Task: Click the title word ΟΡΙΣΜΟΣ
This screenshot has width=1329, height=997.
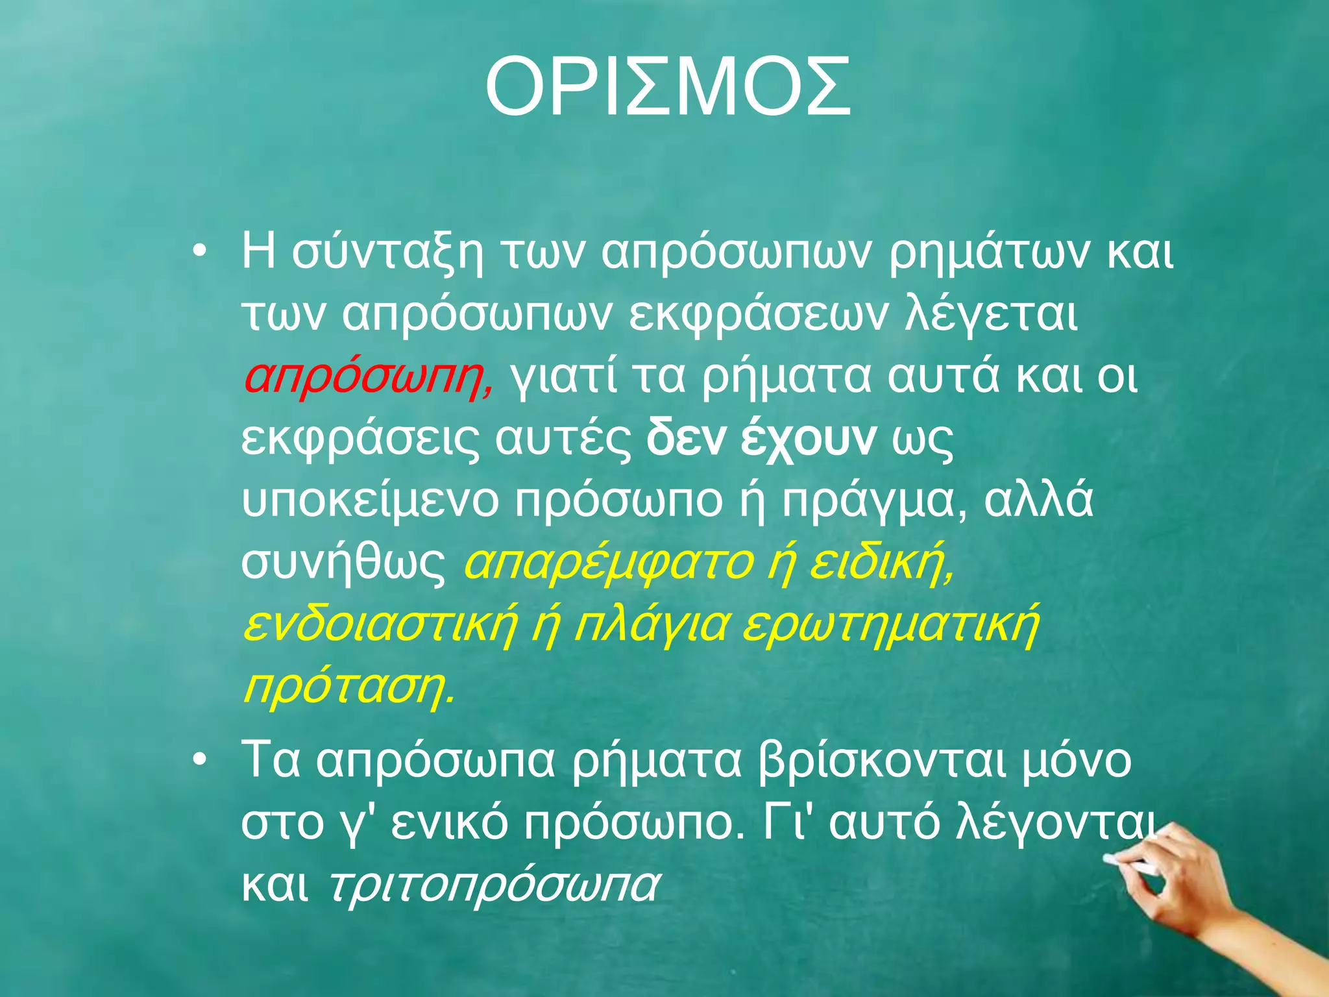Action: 667,88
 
